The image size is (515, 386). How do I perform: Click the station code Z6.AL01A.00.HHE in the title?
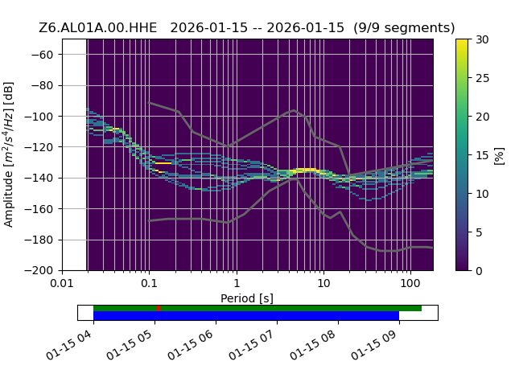[x=98, y=28]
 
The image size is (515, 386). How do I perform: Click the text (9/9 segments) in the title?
[x=404, y=28]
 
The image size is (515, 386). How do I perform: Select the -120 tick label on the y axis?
[x=39, y=147]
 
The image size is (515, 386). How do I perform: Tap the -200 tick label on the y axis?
[x=39, y=270]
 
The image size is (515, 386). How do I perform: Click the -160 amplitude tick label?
[x=39, y=209]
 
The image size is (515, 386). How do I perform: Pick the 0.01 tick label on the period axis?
[x=62, y=283]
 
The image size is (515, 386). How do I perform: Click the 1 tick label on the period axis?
[x=237, y=283]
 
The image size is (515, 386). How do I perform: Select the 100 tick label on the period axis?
[x=410, y=283]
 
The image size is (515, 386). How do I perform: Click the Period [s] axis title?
[x=247, y=298]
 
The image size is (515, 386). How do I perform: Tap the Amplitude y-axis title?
[x=9, y=154]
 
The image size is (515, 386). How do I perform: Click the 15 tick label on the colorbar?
[x=483, y=155]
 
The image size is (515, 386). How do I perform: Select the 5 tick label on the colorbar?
[x=479, y=232]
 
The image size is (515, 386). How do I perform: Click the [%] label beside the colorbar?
[x=499, y=156]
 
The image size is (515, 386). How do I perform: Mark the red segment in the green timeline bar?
[x=159, y=309]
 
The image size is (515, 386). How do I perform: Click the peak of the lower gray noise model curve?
[x=295, y=179]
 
